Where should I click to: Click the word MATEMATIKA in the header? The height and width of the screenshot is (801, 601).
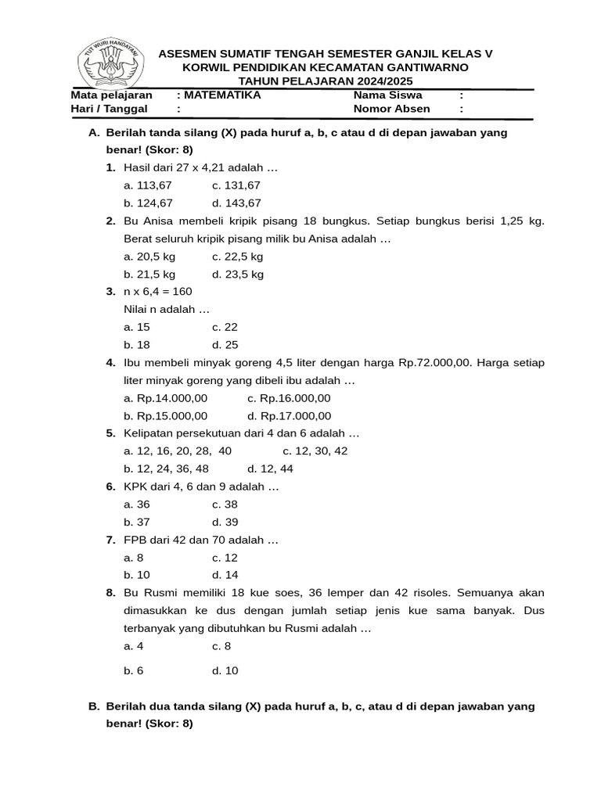tap(222, 95)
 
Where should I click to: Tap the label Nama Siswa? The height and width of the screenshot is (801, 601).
tap(387, 95)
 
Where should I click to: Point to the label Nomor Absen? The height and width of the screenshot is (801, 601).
tap(392, 109)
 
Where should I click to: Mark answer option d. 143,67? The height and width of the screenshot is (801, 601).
tap(236, 203)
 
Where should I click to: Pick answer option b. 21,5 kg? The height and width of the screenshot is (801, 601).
tap(149, 274)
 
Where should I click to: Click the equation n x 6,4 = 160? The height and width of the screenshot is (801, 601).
tap(157, 292)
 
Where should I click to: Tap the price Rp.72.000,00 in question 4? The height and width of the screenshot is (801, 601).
tap(435, 363)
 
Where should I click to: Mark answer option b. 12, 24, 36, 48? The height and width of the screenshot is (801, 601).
tap(166, 469)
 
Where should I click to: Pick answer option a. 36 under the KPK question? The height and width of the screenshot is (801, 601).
tap(137, 505)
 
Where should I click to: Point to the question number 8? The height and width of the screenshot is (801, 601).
tap(111, 593)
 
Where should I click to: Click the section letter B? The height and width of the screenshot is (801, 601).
tap(94, 706)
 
